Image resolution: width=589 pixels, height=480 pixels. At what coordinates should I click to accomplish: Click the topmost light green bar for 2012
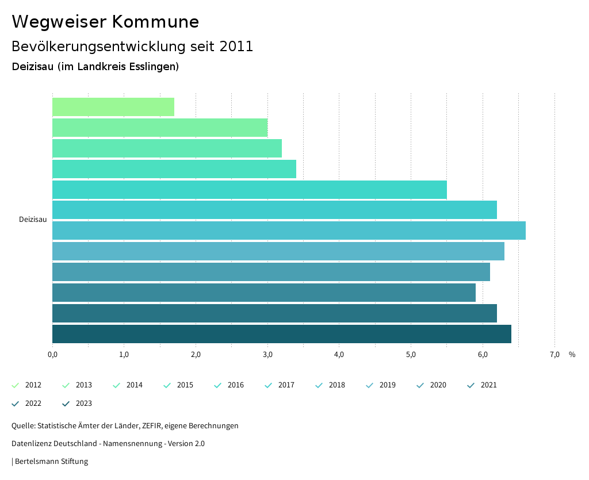(x=113, y=107)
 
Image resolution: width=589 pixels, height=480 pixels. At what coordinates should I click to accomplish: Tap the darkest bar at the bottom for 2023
(x=281, y=334)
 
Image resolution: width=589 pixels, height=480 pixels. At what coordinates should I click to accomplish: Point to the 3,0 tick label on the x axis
(x=267, y=355)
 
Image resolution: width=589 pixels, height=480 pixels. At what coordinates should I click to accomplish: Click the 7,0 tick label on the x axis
(x=554, y=355)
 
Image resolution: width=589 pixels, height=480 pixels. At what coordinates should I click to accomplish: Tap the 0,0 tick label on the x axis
(x=52, y=355)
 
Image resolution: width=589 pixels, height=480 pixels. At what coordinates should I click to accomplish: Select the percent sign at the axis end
(x=572, y=355)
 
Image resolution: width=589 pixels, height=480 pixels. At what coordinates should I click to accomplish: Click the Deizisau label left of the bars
(x=33, y=220)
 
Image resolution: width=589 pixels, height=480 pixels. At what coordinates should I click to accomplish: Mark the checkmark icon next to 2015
(x=167, y=385)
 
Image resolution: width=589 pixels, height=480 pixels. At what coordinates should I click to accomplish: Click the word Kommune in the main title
(x=155, y=22)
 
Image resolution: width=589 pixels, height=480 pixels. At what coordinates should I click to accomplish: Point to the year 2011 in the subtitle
(x=236, y=47)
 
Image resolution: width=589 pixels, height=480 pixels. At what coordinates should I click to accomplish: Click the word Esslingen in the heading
(x=155, y=67)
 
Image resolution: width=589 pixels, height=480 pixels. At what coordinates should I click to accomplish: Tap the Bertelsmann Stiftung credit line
(x=51, y=462)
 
